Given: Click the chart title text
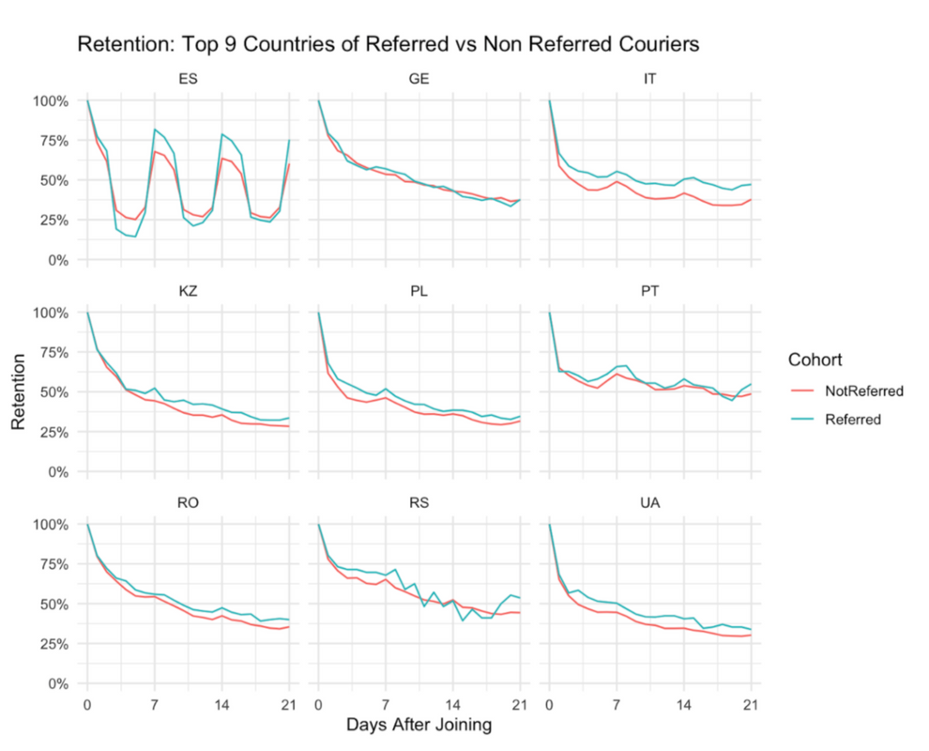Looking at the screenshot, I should point(389,44).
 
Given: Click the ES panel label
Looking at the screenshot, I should point(188,79).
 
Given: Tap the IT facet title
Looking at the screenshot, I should point(649,79).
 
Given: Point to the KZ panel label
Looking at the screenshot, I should point(188,291).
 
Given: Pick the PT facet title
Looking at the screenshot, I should point(649,291).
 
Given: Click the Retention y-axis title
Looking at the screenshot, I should point(18,391).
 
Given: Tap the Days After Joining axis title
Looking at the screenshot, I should point(419,725).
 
